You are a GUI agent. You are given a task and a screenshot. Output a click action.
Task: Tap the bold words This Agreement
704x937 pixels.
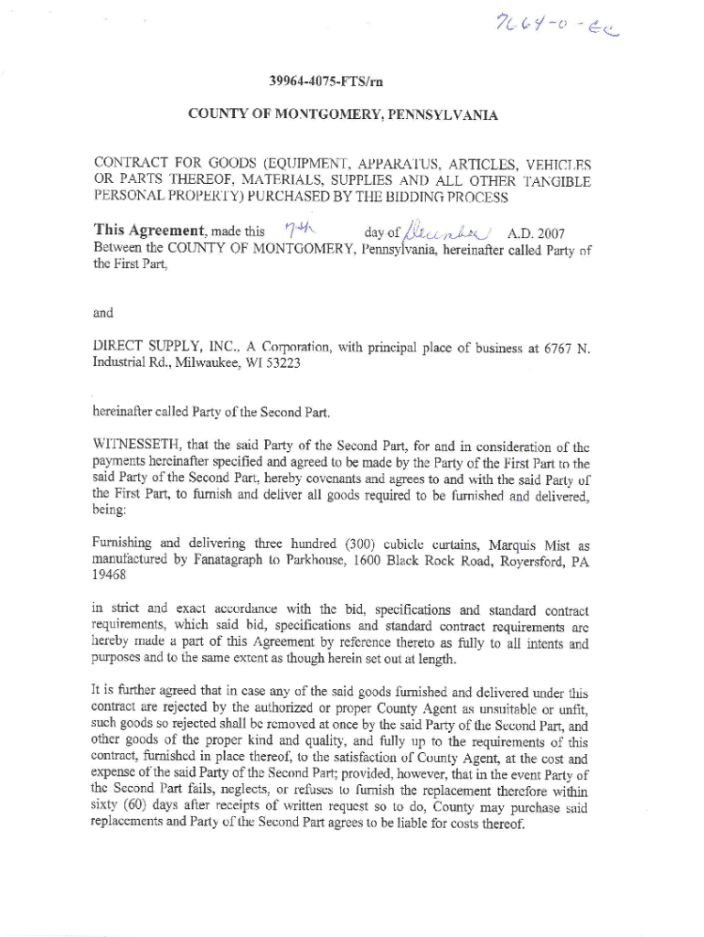tap(151, 231)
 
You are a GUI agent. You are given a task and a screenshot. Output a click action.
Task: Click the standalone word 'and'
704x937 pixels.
tap(104, 313)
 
